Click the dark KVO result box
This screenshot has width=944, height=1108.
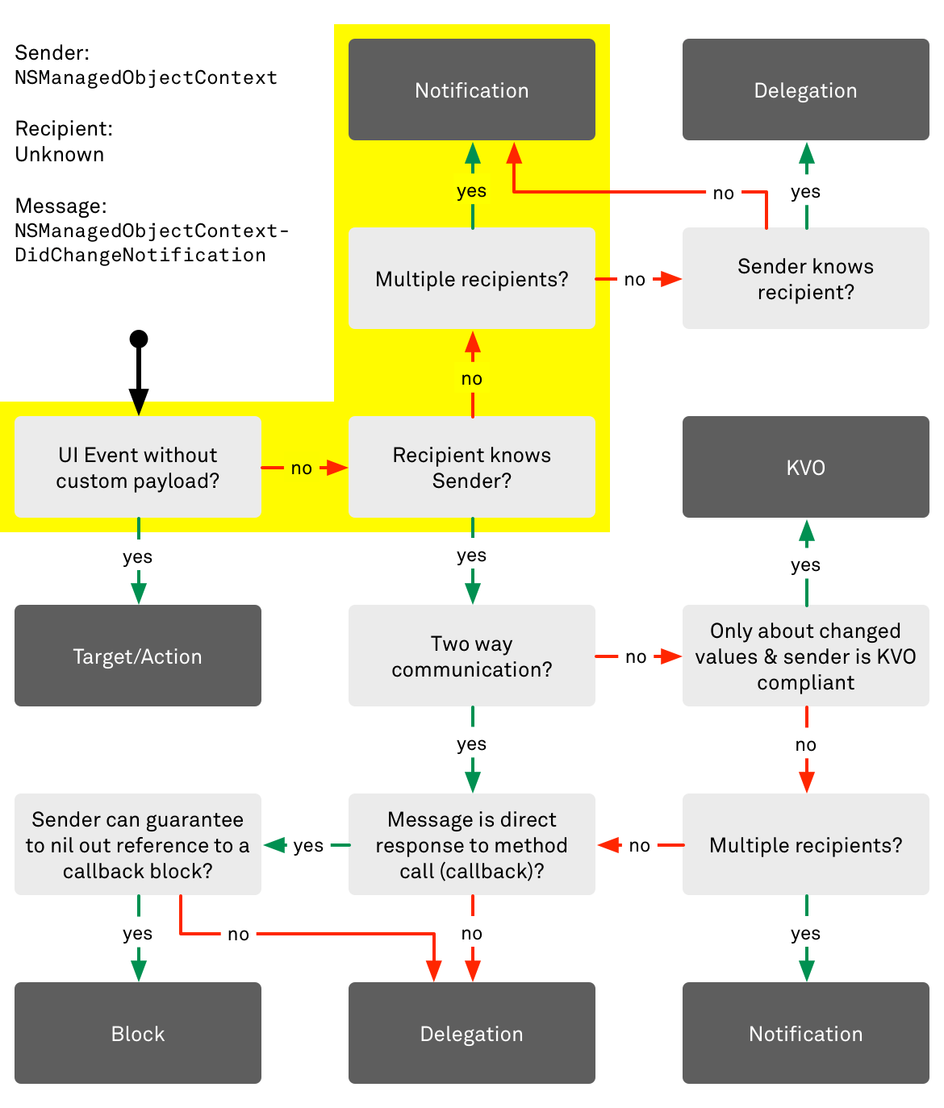pyautogui.click(x=805, y=467)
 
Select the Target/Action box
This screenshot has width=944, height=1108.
pyautogui.click(x=138, y=656)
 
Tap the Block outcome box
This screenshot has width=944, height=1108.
pyautogui.click(x=138, y=1033)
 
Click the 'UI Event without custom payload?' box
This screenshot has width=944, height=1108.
pyautogui.click(x=138, y=467)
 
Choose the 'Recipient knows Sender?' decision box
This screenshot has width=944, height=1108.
pyautogui.click(x=472, y=467)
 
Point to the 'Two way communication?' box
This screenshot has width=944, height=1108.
pyautogui.click(x=472, y=656)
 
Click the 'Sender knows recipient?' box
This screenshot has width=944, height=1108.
pyautogui.click(x=805, y=278)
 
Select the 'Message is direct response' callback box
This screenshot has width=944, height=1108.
pyautogui.click(x=472, y=844)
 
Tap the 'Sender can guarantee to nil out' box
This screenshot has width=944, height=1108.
pyautogui.click(x=138, y=844)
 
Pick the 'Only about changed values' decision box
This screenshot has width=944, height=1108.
pyautogui.click(x=805, y=656)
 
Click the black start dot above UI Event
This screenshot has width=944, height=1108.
pyautogui.click(x=139, y=339)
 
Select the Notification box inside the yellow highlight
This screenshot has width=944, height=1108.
pyautogui.click(x=472, y=90)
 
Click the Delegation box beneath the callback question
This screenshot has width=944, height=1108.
pyautogui.click(x=472, y=1033)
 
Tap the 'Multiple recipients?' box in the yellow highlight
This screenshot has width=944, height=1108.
pyautogui.click(x=472, y=278)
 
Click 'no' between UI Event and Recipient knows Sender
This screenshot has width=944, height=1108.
pyautogui.click(x=302, y=468)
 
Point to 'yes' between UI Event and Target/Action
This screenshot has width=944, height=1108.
pyautogui.click(x=138, y=556)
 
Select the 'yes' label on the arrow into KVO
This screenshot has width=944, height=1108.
pyautogui.click(x=805, y=564)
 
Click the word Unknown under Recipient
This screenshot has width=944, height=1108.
pyautogui.click(x=60, y=154)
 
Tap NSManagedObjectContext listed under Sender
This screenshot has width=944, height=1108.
pyautogui.click(x=146, y=77)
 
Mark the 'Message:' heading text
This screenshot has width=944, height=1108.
pyautogui.click(x=61, y=206)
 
